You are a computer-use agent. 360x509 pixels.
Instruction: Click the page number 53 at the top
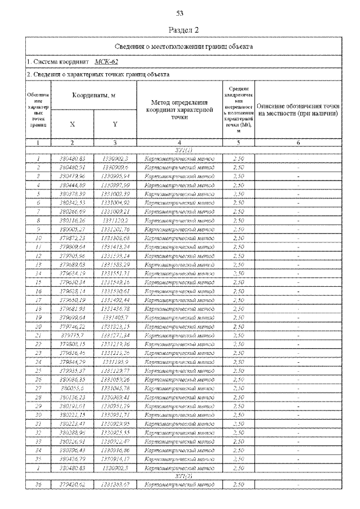181,13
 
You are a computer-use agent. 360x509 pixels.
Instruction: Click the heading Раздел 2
181,29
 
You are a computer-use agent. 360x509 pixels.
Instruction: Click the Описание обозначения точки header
298,110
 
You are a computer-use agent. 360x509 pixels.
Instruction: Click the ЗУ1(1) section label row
179,152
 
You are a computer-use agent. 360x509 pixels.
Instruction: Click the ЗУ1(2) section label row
179,476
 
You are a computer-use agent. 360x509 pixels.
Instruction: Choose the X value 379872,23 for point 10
72,238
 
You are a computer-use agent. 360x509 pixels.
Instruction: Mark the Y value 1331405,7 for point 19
115,317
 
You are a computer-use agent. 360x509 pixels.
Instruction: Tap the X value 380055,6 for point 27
72,388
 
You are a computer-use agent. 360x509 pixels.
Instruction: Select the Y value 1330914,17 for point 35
115,459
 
